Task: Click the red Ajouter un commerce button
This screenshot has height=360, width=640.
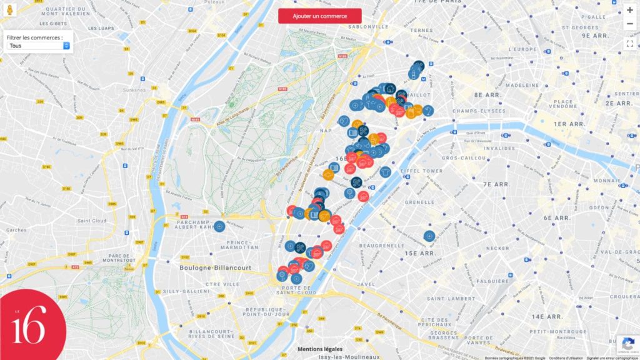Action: [x=319, y=16]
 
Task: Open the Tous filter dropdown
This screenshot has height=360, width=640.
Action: [x=38, y=46]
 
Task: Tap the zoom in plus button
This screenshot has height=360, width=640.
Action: [x=629, y=10]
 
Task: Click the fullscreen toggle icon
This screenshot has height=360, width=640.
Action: [x=629, y=43]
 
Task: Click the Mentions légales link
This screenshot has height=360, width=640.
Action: [x=319, y=349]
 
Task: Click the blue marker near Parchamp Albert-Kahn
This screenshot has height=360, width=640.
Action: [x=219, y=226]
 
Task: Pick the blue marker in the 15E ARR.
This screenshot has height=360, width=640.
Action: [x=429, y=236]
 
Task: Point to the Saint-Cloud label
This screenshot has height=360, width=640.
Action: [x=92, y=221]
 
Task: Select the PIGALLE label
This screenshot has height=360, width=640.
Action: [x=594, y=17]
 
